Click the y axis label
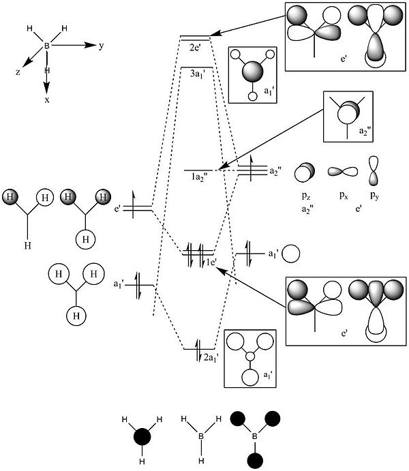100,46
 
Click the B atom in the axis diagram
46,46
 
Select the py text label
374,195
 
